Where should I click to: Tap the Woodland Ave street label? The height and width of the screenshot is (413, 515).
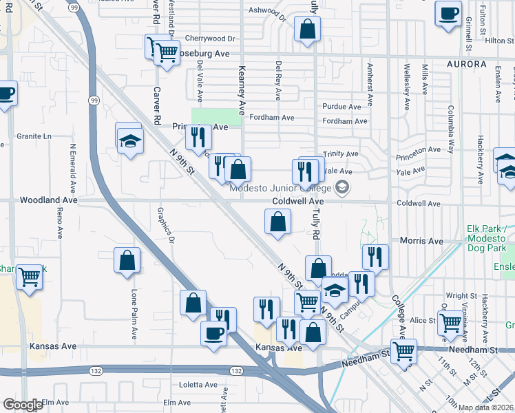click(48, 200)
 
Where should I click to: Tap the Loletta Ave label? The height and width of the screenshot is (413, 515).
click(198, 385)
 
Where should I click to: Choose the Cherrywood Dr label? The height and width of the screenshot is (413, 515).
click(210, 39)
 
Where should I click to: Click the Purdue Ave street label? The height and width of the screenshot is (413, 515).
click(341, 107)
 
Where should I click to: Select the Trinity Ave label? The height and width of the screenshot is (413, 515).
click(342, 153)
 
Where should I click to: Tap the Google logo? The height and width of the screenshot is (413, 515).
click(23, 405)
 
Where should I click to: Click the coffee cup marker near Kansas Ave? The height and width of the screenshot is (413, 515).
click(213, 335)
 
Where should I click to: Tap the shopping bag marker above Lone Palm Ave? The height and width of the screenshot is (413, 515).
click(127, 260)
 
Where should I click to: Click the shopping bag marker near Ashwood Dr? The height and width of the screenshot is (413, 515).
click(307, 29)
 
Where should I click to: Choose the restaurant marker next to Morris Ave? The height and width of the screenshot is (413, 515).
click(375, 257)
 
